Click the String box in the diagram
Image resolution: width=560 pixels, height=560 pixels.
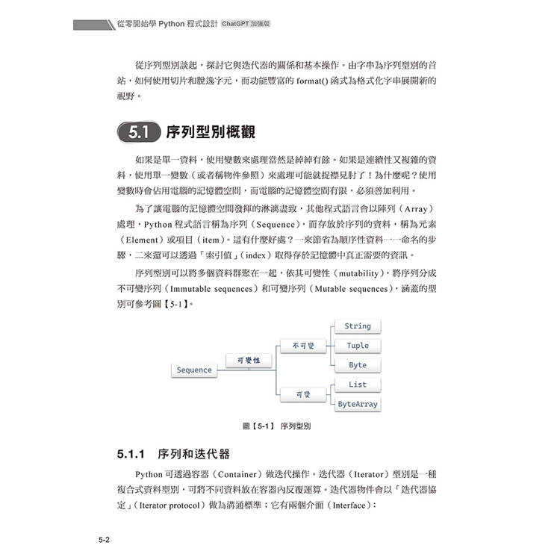[358, 326]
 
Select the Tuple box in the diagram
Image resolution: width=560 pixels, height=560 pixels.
[358, 346]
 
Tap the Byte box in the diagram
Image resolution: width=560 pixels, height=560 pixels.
[358, 365]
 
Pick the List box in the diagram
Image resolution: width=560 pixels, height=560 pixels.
[358, 385]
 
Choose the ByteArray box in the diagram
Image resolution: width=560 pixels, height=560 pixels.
[358, 404]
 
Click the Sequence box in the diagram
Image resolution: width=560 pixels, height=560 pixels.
[194, 370]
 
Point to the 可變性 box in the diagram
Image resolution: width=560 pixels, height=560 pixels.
[248, 360]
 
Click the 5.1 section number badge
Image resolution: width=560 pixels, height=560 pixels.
[137, 134]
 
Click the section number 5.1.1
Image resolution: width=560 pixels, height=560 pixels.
[114, 454]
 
